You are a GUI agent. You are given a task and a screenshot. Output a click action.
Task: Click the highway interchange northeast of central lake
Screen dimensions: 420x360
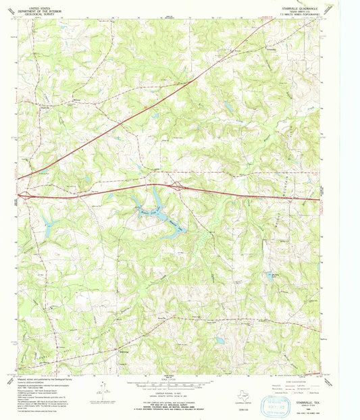click(180, 185)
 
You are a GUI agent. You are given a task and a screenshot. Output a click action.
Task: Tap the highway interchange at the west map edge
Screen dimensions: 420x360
click(24, 194)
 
